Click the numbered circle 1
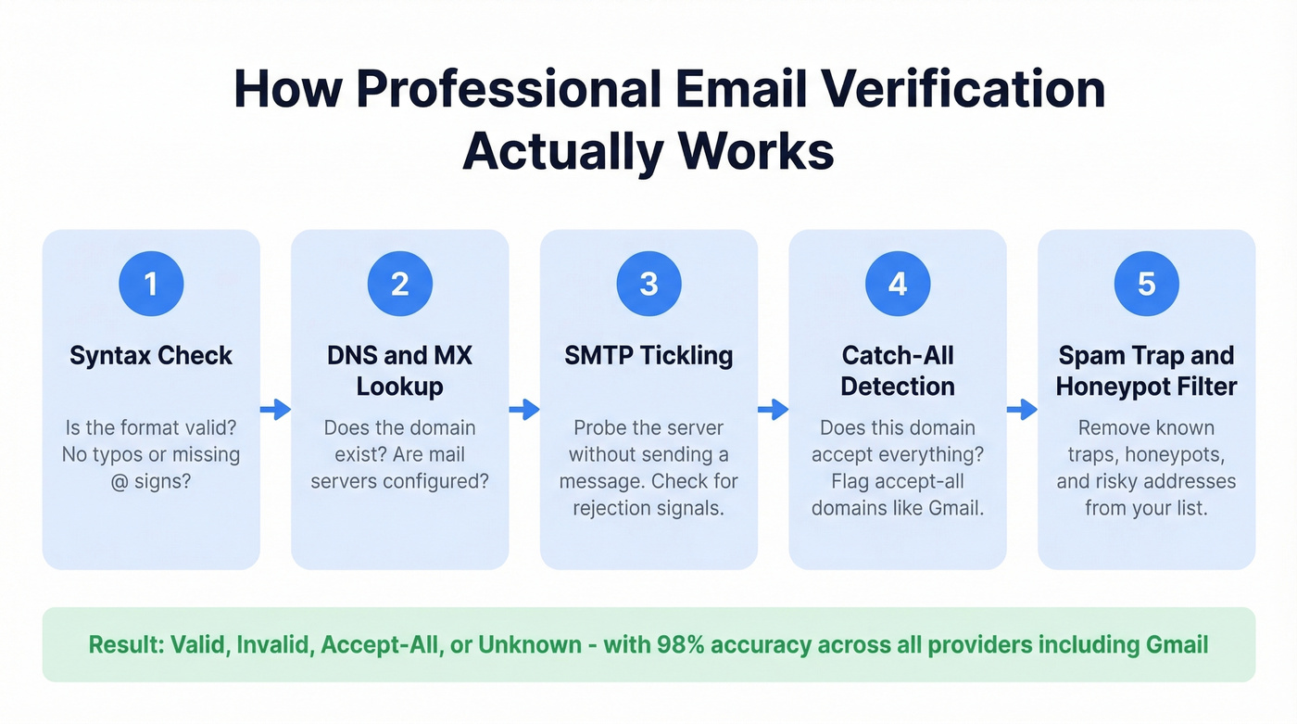point(151,284)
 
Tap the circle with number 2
point(399,284)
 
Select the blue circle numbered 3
point(648,284)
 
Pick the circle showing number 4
point(898,284)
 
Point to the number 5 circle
point(1146,284)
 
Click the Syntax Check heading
point(151,356)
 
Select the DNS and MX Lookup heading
point(399,370)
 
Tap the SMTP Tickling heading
point(648,356)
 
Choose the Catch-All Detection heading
point(898,370)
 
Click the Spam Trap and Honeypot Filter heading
point(1146,370)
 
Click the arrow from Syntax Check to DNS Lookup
point(275,410)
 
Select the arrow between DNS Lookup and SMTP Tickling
point(524,410)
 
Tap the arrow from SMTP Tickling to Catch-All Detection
point(773,410)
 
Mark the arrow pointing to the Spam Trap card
point(1022,410)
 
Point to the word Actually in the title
point(563,150)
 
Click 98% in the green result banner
point(686,644)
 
